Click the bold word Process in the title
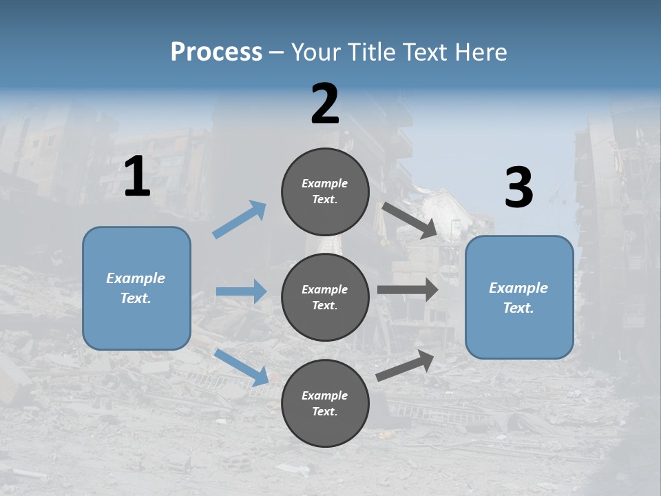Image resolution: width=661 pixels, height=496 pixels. pyautogui.click(x=216, y=52)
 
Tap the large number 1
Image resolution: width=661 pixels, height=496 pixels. pyautogui.click(x=137, y=176)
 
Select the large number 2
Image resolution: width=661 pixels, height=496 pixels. pyautogui.click(x=325, y=104)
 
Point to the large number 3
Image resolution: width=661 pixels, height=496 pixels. pyautogui.click(x=519, y=187)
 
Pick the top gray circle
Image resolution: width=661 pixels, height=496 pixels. pyautogui.click(x=325, y=192)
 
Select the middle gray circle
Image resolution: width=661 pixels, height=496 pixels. pyautogui.click(x=325, y=297)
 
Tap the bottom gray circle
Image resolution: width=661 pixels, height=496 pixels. pyautogui.click(x=325, y=403)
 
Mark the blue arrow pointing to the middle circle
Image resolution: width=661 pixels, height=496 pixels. pyautogui.click(x=241, y=291)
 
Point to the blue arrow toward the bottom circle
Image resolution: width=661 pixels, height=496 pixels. pyautogui.click(x=242, y=366)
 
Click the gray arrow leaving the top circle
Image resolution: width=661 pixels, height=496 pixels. pyautogui.click(x=410, y=220)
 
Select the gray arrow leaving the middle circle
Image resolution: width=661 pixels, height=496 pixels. pyautogui.click(x=408, y=290)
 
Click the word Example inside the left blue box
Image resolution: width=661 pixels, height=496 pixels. pyautogui.click(x=136, y=278)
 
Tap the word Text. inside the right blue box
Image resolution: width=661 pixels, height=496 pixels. pyautogui.click(x=518, y=308)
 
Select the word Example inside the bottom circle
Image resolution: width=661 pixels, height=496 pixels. pyautogui.click(x=324, y=395)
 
